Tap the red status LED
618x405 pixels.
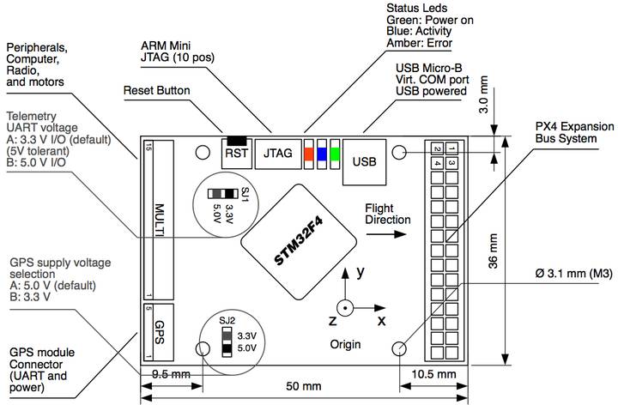click(308, 154)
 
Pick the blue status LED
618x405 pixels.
click(321, 154)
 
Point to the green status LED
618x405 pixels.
click(334, 154)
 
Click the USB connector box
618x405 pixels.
click(364, 160)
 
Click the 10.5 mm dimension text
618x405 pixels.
click(434, 375)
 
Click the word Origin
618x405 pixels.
click(343, 344)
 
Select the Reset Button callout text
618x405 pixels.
click(157, 90)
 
